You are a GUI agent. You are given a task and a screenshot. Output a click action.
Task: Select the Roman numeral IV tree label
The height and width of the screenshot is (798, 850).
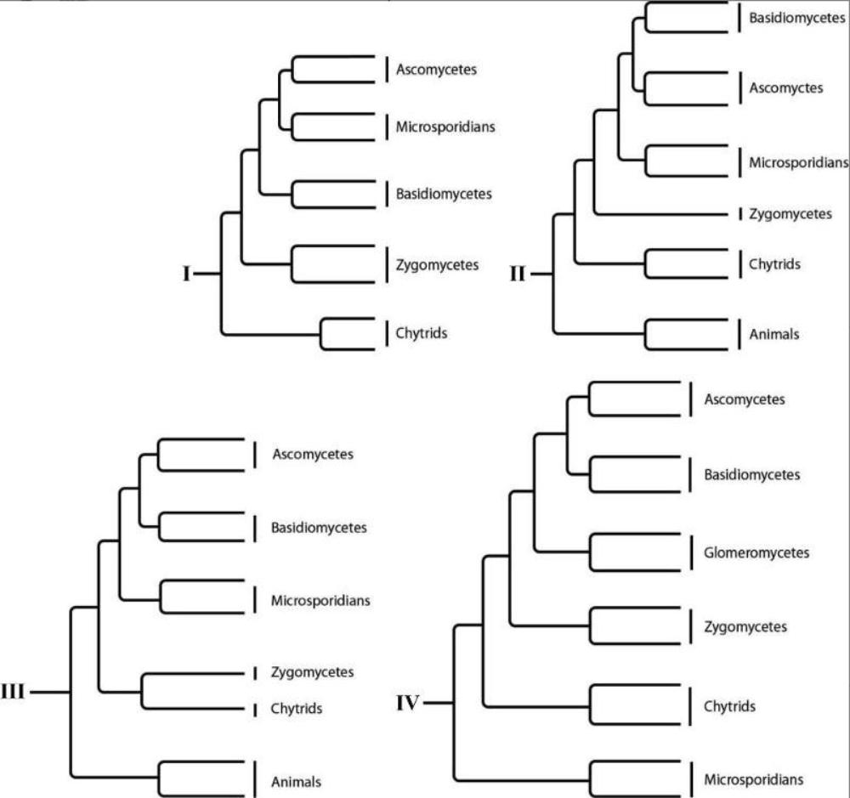click(x=408, y=703)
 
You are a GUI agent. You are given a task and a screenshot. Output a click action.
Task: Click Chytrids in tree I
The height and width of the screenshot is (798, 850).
click(x=421, y=333)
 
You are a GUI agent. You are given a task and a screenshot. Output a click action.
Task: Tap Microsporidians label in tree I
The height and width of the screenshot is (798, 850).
click(x=445, y=127)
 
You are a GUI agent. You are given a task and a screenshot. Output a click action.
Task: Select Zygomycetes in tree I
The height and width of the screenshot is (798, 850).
click(x=437, y=265)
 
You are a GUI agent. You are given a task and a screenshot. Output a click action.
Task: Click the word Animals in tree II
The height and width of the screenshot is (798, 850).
click(x=773, y=334)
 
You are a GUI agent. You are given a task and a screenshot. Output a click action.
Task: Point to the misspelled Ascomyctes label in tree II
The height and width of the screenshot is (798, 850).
click(x=785, y=88)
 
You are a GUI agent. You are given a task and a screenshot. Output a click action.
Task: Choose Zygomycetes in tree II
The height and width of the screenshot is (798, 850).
click(x=790, y=214)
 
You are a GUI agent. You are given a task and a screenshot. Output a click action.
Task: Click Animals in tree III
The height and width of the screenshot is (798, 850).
click(x=296, y=781)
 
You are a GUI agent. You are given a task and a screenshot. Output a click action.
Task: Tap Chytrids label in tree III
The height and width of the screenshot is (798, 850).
click(x=297, y=708)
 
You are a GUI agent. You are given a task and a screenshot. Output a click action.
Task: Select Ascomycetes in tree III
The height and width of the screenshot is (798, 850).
click(x=313, y=454)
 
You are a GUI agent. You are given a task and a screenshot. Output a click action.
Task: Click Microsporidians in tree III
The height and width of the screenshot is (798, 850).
click(x=320, y=600)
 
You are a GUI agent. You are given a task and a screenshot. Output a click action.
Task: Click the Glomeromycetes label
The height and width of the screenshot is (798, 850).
click(x=756, y=553)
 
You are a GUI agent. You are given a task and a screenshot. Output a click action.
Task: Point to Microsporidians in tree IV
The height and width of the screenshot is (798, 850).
click(x=754, y=778)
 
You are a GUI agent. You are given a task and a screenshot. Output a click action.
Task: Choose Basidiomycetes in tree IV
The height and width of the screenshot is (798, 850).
click(x=752, y=475)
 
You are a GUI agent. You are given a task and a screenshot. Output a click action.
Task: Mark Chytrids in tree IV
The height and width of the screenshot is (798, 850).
click(x=730, y=706)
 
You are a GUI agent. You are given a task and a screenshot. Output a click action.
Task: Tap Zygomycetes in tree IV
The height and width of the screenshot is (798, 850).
click(x=745, y=627)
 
